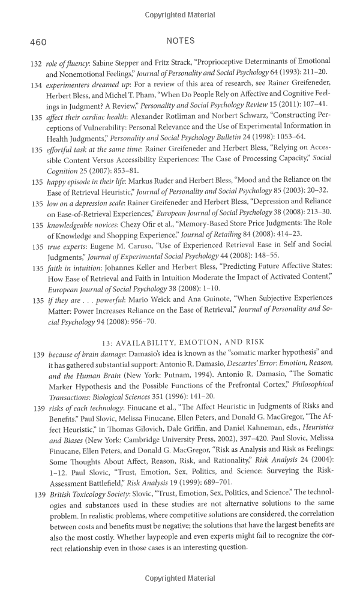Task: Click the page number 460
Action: [x=37, y=42]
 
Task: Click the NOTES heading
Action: [x=180, y=41]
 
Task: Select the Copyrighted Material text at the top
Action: [x=180, y=14]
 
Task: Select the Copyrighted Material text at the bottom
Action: [x=180, y=578]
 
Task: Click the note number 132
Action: [x=37, y=62]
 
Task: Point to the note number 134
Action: [x=37, y=86]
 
